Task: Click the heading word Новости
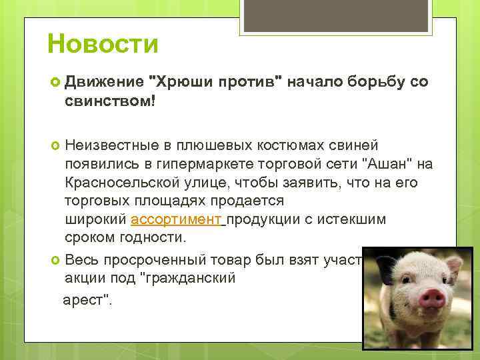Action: point(103,45)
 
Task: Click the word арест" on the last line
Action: point(87,299)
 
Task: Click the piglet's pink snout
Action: point(431,298)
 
